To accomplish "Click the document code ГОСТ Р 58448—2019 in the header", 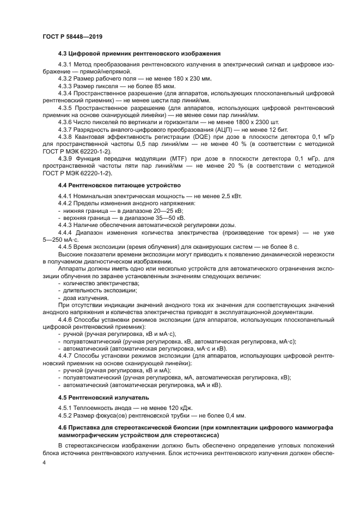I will (x=72, y=36).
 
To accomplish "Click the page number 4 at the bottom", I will (x=45, y=462).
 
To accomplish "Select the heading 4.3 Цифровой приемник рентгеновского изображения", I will (x=139, y=53).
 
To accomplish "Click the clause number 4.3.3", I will (x=66, y=85).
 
